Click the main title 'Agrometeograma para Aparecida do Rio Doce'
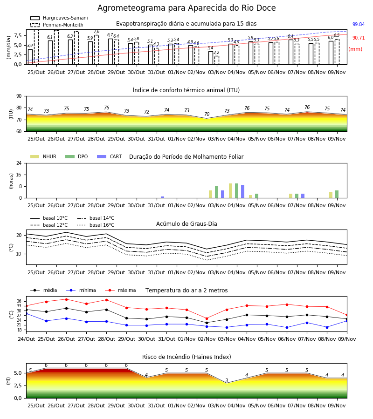click(186, 8)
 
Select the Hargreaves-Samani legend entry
click(59, 18)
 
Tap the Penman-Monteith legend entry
click(57, 25)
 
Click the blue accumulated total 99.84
click(359, 24)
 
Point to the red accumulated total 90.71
click(359, 38)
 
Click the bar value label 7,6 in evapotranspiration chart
click(97, 32)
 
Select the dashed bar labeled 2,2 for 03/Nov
click(217, 60)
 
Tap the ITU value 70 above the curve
click(207, 114)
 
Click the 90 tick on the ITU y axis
click(19, 96)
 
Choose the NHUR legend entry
click(43, 156)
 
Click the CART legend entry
click(110, 156)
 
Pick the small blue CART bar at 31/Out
click(162, 197)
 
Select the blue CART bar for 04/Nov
click(243, 191)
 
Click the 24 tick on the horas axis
click(19, 163)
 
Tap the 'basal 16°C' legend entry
click(96, 225)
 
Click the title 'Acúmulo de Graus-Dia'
click(186, 224)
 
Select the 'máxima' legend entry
click(120, 290)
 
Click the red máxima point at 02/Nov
click(207, 318)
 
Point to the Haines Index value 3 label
click(227, 380)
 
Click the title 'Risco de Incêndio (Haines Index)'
click(186, 357)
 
